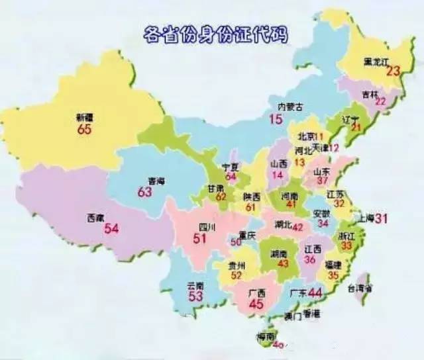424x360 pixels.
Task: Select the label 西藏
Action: tap(95, 217)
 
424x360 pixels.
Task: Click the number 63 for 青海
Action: tap(145, 192)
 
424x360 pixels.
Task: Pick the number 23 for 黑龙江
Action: tap(394, 71)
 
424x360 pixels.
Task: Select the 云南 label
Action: tap(195, 285)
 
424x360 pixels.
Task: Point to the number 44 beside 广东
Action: tap(315, 292)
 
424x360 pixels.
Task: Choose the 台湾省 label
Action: tap(360, 288)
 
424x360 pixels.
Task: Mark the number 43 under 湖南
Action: tap(284, 263)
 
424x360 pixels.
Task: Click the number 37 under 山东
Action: tap(323, 181)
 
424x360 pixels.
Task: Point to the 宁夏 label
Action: tap(230, 168)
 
